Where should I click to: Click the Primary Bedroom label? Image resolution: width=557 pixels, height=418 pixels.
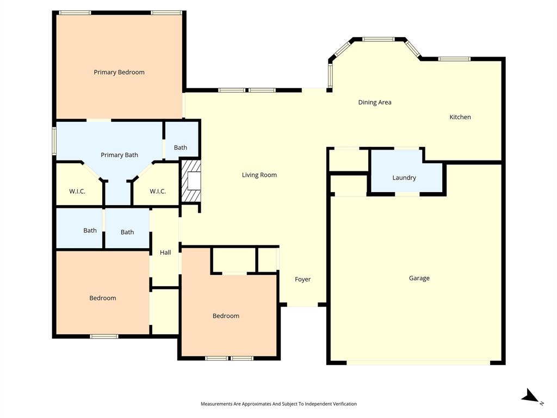pos(119,72)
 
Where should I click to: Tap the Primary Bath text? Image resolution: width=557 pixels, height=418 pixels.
pos(119,155)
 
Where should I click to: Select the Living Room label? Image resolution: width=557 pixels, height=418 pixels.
pos(259,175)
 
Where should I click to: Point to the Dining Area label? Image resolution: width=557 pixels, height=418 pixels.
pos(374,102)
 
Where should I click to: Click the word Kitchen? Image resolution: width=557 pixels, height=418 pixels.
pos(460,117)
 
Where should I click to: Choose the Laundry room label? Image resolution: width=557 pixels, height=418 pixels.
pos(404,178)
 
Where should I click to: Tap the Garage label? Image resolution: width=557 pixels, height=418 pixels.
pos(419,278)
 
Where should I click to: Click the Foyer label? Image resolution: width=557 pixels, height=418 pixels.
pos(302,279)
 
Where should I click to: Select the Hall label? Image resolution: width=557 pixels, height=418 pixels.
pos(165,253)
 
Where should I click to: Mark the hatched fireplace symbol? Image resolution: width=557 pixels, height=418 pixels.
pos(190,181)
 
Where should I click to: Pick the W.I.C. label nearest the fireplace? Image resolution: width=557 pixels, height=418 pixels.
pos(157,191)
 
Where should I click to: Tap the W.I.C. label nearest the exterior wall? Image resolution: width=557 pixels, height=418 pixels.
pos(77,191)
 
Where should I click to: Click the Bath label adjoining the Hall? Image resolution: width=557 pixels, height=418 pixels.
pos(127,232)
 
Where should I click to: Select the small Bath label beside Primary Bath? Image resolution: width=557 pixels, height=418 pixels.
pos(181,147)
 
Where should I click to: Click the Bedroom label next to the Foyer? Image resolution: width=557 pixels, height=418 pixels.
pos(226,316)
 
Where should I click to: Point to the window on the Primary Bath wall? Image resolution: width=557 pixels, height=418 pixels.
pos(54,140)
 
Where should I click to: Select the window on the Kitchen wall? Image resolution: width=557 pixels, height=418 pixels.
pos(454,59)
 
